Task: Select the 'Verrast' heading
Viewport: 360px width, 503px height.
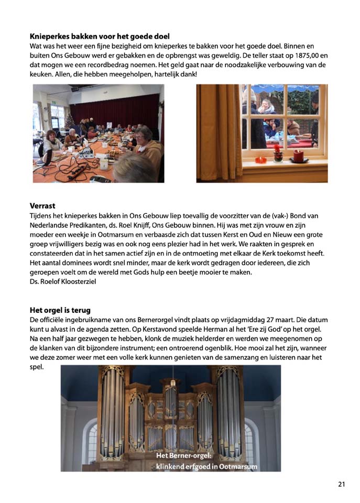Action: [42, 206]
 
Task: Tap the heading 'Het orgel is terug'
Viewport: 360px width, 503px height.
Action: [64, 310]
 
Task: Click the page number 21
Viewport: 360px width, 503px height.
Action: [341, 484]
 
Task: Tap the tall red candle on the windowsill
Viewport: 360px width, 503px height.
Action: [299, 155]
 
